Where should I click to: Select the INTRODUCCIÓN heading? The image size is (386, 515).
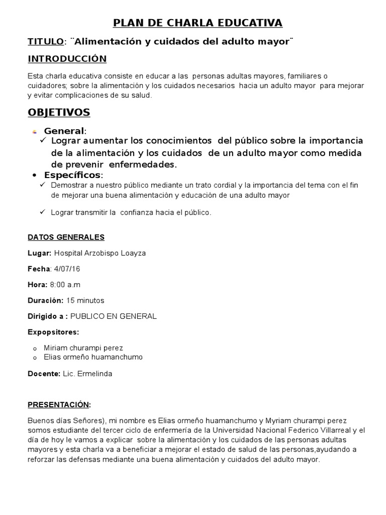[67, 59]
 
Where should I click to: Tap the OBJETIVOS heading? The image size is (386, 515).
[59, 112]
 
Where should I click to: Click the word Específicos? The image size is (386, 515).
[72, 175]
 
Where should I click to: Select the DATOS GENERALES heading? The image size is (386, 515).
[66, 237]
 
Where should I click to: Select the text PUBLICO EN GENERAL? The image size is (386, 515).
[114, 316]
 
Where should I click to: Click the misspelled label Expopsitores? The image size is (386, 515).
[53, 332]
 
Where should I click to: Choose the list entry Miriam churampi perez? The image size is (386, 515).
[83, 348]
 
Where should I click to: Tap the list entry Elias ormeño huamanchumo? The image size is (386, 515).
[93, 357]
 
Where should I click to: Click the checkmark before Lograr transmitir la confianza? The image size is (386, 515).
[43, 212]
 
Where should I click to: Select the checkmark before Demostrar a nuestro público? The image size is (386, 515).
[43, 185]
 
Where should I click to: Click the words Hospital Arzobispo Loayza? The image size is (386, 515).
[100, 253]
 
